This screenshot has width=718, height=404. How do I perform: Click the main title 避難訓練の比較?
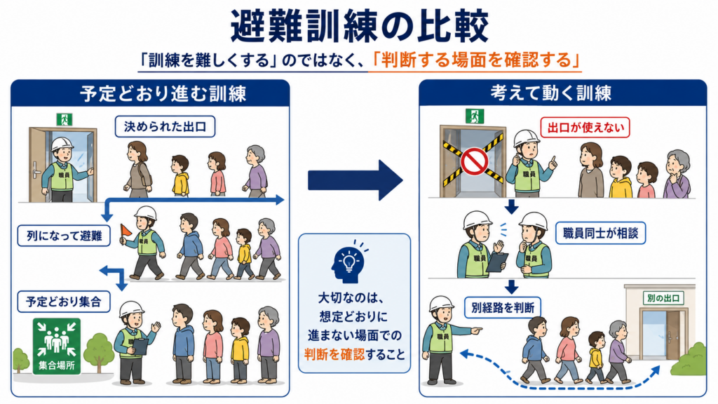pyautogui.click(x=359, y=26)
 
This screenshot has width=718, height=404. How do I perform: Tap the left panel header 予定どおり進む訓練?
pyautogui.click(x=163, y=93)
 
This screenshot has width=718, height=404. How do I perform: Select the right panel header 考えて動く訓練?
pyautogui.click(x=551, y=93)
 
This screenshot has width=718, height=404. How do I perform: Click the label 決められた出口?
pyautogui.click(x=165, y=126)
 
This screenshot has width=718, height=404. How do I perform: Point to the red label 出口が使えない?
pyautogui.click(x=585, y=128)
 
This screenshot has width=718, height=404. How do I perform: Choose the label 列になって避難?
pyautogui.click(x=64, y=236)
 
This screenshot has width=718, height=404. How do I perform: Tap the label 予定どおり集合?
pyautogui.click(x=64, y=302)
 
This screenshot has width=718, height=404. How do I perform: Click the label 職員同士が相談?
pyautogui.click(x=600, y=233)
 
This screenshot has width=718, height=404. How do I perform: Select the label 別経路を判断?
pyautogui.click(x=503, y=307)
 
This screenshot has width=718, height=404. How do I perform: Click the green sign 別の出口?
pyautogui.click(x=663, y=299)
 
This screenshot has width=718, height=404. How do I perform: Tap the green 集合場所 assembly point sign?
pyautogui.click(x=57, y=346)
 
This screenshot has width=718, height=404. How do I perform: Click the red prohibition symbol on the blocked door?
pyautogui.click(x=474, y=162)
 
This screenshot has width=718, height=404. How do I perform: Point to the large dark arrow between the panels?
pyautogui.click(x=355, y=180)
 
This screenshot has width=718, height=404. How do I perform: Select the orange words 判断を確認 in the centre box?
pyautogui.click(x=334, y=354)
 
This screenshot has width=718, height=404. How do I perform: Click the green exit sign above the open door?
pyautogui.click(x=65, y=119)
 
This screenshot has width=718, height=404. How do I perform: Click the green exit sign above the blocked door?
pyautogui.click(x=475, y=116)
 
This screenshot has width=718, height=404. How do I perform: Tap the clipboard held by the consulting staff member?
pyautogui.click(x=497, y=262)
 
